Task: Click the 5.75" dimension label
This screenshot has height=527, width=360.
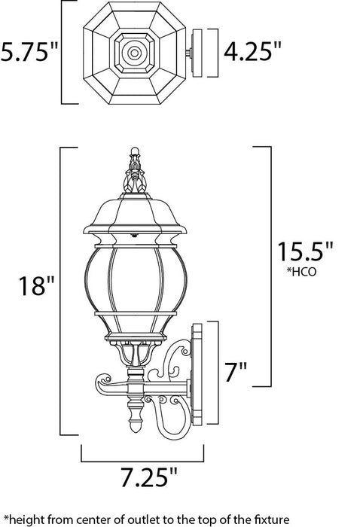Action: tap(29, 53)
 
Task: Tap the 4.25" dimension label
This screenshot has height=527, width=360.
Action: tap(252, 53)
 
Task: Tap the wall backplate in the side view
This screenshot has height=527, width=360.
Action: tap(200, 376)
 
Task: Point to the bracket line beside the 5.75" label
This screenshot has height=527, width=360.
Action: tap(63, 53)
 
